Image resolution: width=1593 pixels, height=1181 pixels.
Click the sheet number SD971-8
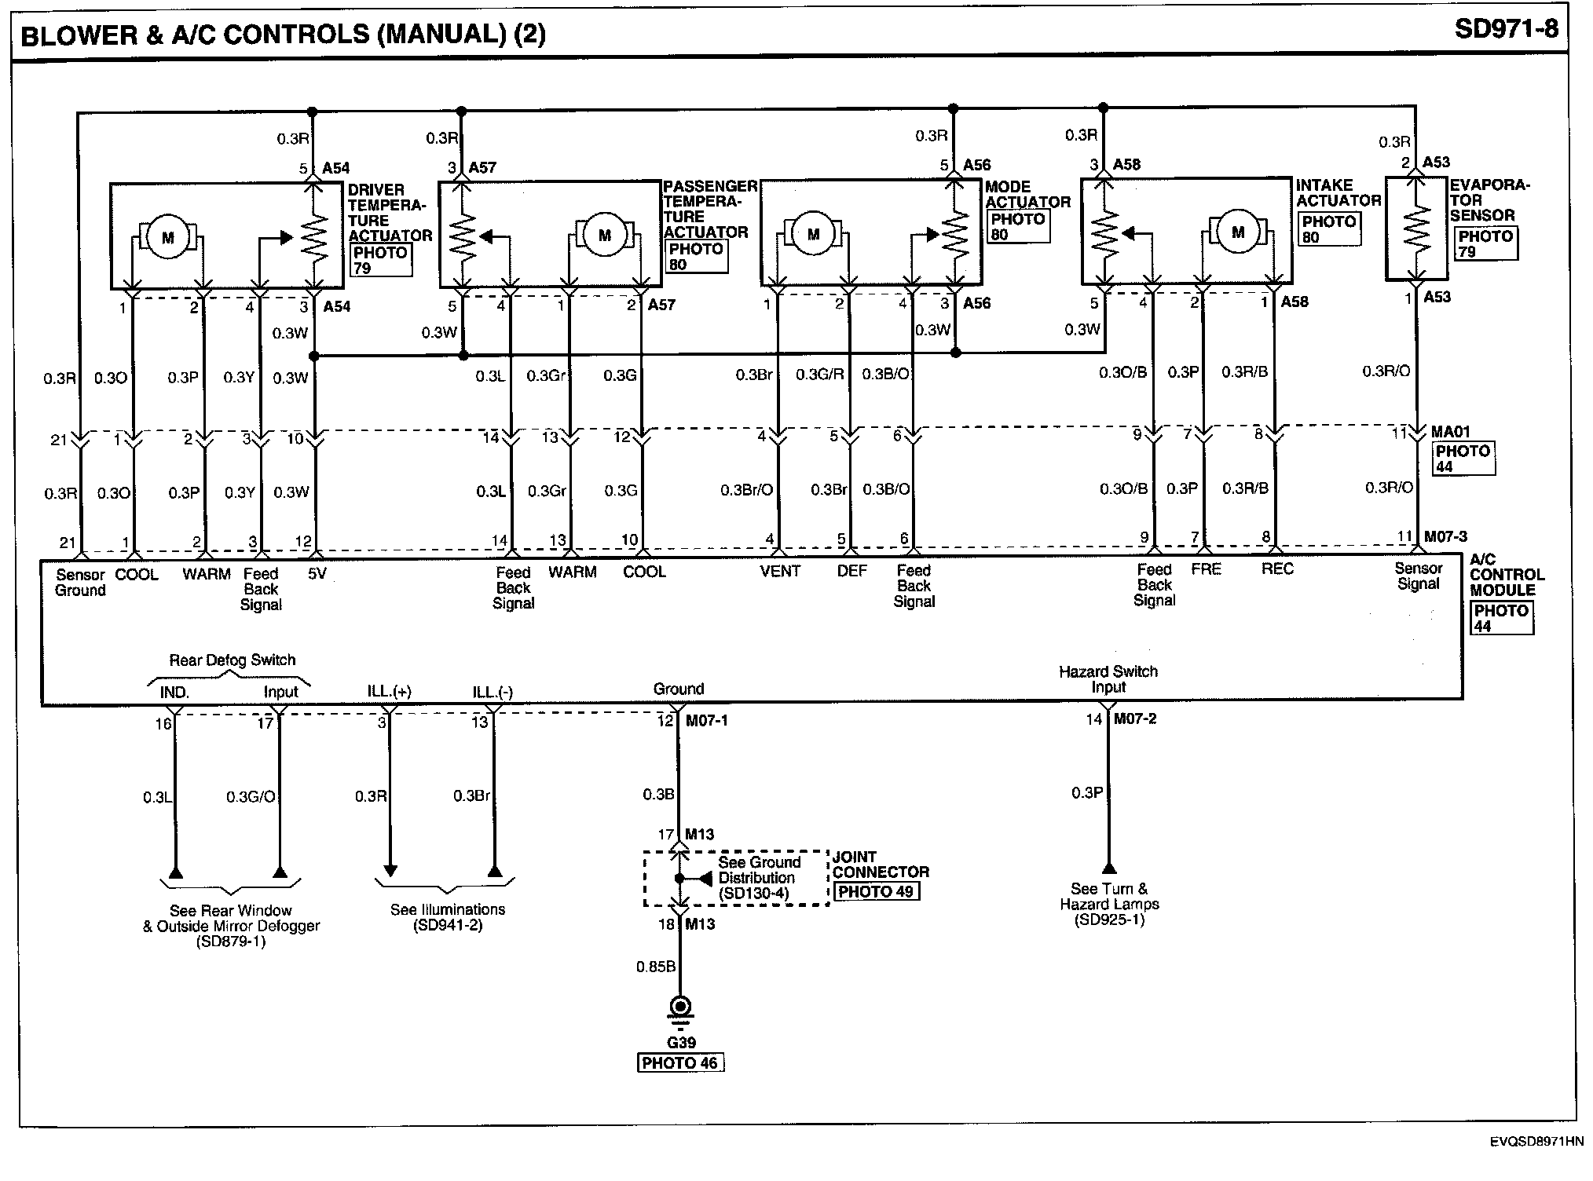[x=1506, y=29]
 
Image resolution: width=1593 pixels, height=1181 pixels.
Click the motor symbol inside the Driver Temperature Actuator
[x=167, y=236]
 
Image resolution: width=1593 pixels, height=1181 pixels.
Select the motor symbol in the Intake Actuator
[x=1238, y=232]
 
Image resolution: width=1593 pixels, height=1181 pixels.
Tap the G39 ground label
[x=680, y=1043]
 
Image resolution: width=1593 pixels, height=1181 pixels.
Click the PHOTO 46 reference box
[x=680, y=1063]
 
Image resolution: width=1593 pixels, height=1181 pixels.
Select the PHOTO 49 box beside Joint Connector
[x=875, y=891]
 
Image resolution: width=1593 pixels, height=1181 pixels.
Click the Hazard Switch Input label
[x=1108, y=679]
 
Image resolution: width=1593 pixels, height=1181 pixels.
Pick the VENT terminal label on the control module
[x=779, y=572]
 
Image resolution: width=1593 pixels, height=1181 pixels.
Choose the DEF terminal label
[x=851, y=572]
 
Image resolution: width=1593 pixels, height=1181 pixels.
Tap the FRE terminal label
[x=1206, y=569]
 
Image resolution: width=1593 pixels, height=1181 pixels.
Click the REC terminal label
[x=1277, y=569]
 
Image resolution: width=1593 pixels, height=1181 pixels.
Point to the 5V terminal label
[x=317, y=574]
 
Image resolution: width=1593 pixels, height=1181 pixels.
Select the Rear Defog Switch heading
[x=233, y=660]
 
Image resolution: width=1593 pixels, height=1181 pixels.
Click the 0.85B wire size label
[x=655, y=967]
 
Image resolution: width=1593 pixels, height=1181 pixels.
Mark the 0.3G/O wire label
[x=251, y=797]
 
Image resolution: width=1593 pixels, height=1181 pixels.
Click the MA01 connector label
[x=1451, y=432]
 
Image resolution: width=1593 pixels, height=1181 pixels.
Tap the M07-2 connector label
[x=1135, y=719]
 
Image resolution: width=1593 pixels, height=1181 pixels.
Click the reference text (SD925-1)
[x=1109, y=920]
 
